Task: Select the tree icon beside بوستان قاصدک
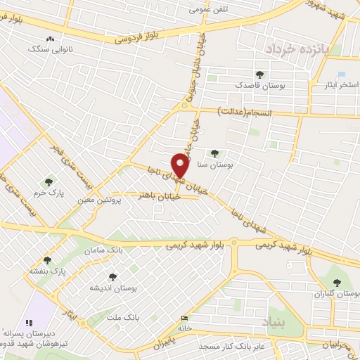pyautogui.click(x=260, y=74)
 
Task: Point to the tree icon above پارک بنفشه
pyautogui.click(x=48, y=260)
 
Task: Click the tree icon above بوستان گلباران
pyautogui.click(x=337, y=282)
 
